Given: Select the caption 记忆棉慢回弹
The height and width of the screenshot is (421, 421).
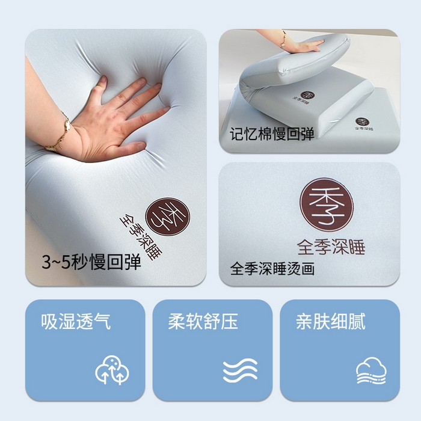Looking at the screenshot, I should [272, 134].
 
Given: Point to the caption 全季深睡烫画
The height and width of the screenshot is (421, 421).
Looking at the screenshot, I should [272, 268].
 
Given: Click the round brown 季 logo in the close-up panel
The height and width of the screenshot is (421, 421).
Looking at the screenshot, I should [326, 206].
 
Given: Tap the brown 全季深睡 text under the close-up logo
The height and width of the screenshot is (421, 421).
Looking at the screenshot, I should [331, 247].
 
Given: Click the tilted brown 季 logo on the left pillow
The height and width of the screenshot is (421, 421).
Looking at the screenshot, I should [168, 214].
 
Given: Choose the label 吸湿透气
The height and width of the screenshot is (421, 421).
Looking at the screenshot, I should [76, 321].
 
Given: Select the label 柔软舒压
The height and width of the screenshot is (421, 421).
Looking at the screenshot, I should [203, 321].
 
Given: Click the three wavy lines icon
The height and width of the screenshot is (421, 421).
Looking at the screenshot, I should [240, 370].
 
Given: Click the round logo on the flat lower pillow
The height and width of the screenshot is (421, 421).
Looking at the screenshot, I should [361, 123].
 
